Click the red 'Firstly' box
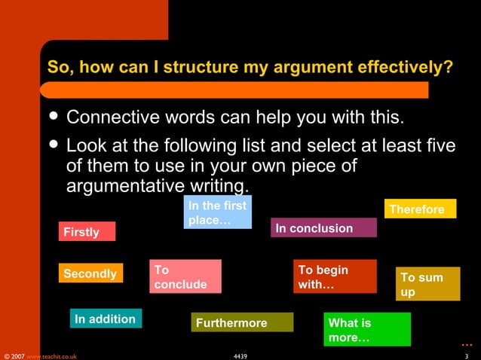pyautogui.click(x=87, y=231)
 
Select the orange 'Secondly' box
pyautogui.click(x=90, y=273)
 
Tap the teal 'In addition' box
pyautogui.click(x=106, y=319)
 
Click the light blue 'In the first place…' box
pyautogui.click(x=217, y=212)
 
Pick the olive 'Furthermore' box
pyautogui.click(x=241, y=322)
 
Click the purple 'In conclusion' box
pyautogui.click(x=323, y=227)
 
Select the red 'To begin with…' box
pyautogui.click(x=335, y=276)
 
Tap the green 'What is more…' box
pyautogui.click(x=366, y=329)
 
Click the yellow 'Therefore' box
pyautogui.click(x=420, y=209)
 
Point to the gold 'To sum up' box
pyautogui.click(x=427, y=284)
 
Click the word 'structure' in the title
pyautogui.click(x=196, y=68)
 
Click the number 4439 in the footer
pyautogui.click(x=240, y=355)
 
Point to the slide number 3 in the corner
pyautogui.click(x=467, y=355)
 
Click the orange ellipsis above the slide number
pyautogui.click(x=467, y=343)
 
